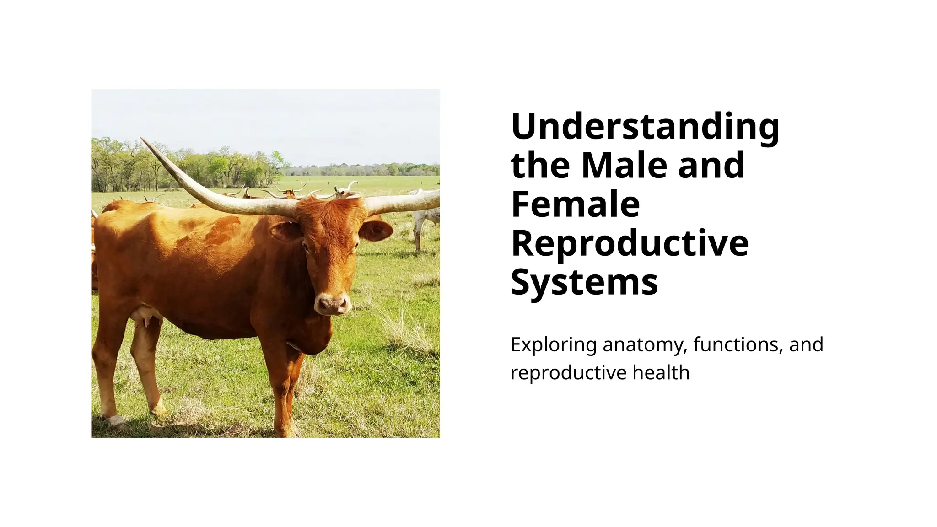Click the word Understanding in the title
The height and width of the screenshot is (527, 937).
[645, 126]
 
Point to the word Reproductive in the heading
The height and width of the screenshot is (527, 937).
[630, 243]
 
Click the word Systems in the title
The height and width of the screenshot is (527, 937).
[584, 282]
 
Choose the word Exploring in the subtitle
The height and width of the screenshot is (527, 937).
[553, 344]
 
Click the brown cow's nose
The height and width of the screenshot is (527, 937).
[333, 304]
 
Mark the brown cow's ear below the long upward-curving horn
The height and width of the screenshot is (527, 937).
[286, 231]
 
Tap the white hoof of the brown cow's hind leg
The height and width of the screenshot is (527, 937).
[114, 420]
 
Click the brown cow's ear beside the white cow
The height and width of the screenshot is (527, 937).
[376, 230]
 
